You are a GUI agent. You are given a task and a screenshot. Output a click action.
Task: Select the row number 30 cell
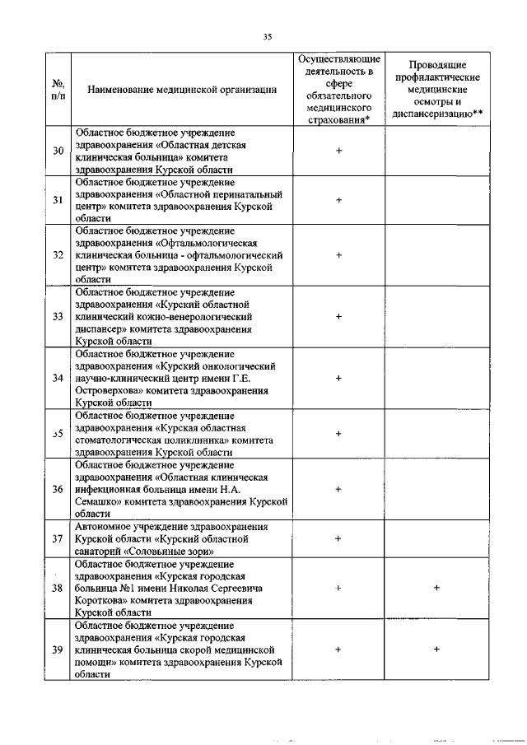58,151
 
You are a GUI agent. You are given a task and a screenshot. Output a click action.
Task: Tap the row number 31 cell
58,199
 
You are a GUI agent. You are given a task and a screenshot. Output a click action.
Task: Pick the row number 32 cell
58,255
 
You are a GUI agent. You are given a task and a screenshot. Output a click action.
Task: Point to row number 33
58,316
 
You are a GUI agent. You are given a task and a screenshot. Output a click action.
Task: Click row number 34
58,378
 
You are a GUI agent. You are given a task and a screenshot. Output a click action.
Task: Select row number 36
58,489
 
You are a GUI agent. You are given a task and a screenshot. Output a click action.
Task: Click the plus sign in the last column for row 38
436,588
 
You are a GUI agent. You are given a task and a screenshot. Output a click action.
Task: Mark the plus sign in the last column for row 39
436,650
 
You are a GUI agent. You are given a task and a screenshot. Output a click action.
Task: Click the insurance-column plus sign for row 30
338,151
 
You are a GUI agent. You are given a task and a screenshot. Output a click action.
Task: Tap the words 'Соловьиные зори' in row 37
175,551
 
